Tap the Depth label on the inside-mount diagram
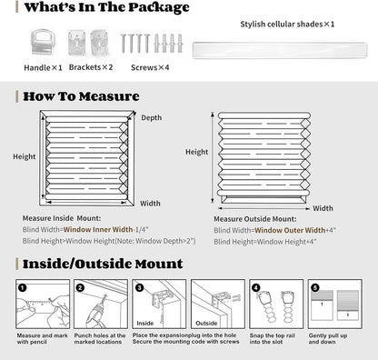tap(152, 118)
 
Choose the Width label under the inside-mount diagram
tap(150, 203)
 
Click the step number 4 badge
tap(255, 286)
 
